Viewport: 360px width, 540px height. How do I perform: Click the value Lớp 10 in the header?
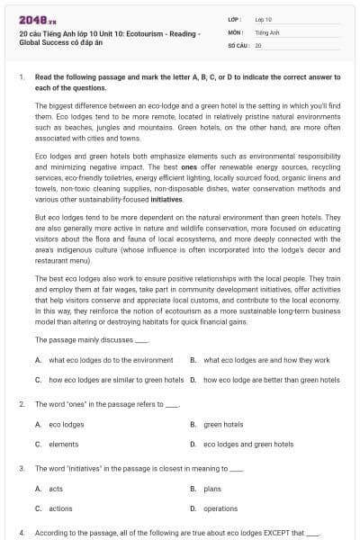pyautogui.click(x=264, y=18)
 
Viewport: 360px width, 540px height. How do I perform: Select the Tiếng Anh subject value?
pyautogui.click(x=267, y=31)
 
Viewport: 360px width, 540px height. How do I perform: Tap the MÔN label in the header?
pyautogui.click(x=236, y=31)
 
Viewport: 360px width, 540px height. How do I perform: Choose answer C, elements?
pyautogui.click(x=63, y=444)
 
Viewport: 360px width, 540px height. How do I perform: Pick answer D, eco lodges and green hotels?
pyautogui.click(x=248, y=444)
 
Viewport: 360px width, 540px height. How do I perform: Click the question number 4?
pyautogui.click(x=22, y=533)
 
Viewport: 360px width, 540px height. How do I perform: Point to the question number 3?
pyautogui.click(x=22, y=469)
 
